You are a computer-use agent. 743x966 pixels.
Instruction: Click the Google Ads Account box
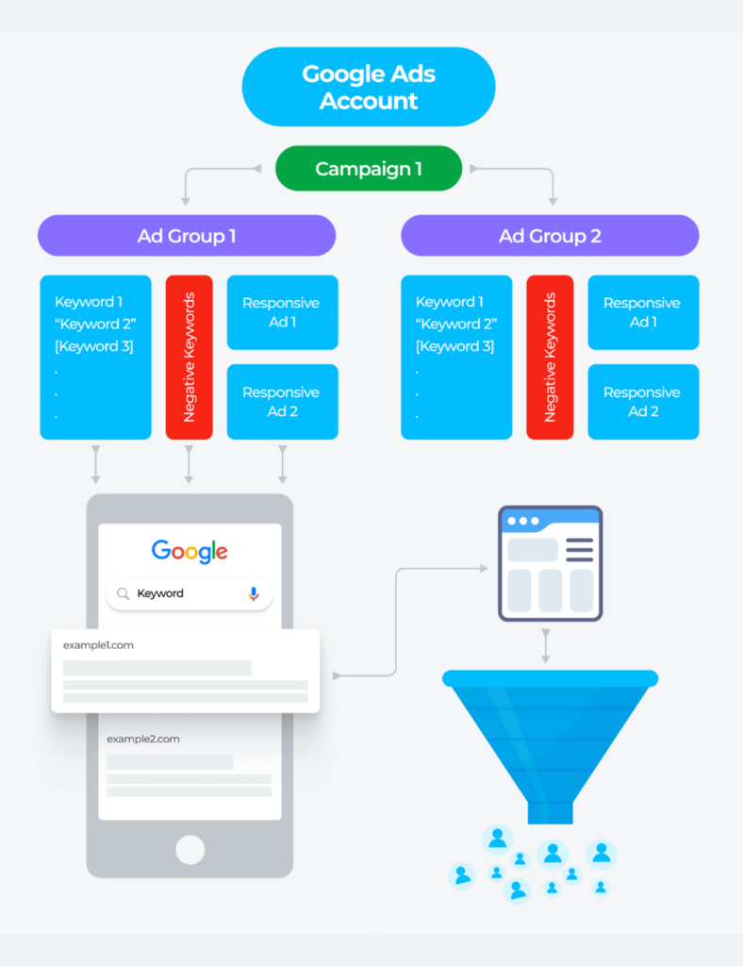(x=369, y=87)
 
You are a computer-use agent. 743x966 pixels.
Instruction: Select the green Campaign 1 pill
(x=369, y=169)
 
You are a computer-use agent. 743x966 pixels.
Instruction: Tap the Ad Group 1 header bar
(x=187, y=236)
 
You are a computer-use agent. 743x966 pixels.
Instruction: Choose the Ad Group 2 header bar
(x=550, y=236)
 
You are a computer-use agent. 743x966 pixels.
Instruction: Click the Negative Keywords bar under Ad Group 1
(x=189, y=357)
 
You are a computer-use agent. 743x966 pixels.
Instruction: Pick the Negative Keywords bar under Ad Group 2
(x=550, y=357)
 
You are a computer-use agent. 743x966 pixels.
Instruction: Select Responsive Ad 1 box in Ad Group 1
(x=282, y=312)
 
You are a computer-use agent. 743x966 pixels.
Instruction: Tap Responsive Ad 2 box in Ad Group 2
(x=643, y=402)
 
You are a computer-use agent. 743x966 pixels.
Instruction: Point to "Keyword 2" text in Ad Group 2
(x=455, y=325)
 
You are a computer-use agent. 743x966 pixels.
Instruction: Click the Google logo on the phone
(x=190, y=551)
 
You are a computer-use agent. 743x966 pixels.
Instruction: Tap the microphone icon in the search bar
(x=253, y=593)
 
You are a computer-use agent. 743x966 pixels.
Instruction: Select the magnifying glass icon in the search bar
(x=123, y=593)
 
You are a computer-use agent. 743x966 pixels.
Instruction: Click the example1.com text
(x=99, y=644)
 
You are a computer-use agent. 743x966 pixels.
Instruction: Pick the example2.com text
(x=143, y=739)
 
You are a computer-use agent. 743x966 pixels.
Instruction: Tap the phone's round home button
(x=190, y=848)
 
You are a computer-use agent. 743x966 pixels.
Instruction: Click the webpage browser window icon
(x=550, y=563)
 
